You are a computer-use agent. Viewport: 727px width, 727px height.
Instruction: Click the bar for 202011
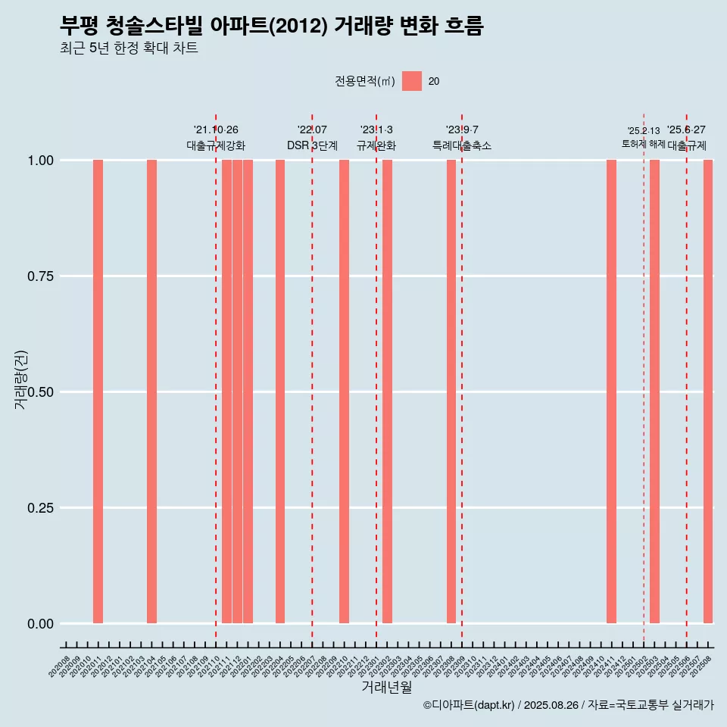pos(98,392)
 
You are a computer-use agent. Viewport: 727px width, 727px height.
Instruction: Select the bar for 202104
pos(151,392)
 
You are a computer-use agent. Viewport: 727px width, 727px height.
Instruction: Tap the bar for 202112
pos(237,392)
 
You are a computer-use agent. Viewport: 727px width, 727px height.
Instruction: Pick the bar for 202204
pos(280,392)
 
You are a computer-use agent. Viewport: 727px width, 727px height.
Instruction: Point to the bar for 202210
pos(344,392)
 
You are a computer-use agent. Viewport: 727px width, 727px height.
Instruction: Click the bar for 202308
pos(451,392)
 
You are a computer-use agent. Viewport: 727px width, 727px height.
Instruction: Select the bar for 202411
pos(611,392)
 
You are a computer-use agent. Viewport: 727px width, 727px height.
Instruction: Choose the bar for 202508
pos(708,392)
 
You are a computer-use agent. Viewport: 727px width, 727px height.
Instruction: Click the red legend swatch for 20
pos(412,81)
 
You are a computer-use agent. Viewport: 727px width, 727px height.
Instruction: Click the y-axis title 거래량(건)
pos(21,379)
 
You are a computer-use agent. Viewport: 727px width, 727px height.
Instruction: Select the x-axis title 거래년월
pos(386,688)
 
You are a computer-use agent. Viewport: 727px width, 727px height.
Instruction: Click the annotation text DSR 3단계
pos(312,145)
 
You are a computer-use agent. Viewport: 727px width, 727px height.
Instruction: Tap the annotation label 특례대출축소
pos(462,145)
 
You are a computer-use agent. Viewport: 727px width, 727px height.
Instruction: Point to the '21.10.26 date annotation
pos(216,129)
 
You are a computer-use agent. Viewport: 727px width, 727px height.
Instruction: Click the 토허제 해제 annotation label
pos(643,143)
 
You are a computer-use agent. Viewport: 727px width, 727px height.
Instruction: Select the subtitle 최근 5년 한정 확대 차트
pos(129,48)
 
